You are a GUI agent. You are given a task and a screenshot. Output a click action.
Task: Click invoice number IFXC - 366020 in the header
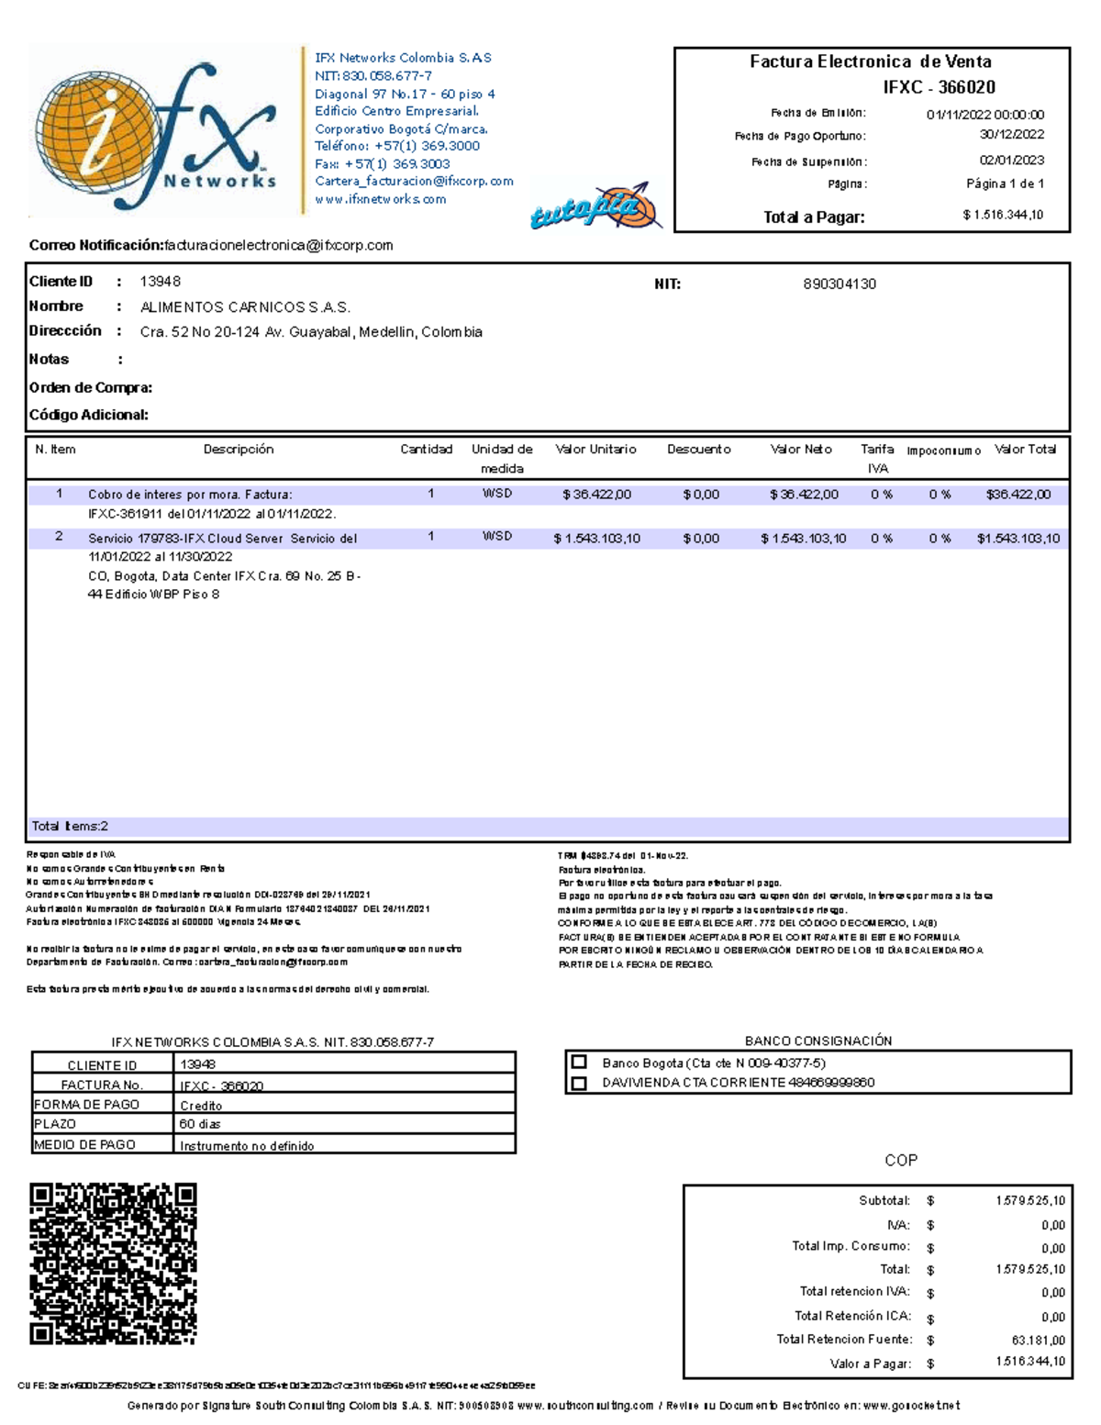[x=939, y=87]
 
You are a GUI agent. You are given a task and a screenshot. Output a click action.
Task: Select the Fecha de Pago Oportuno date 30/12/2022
[x=1011, y=135]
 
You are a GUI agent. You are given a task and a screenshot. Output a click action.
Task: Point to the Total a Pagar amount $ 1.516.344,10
[x=1003, y=215]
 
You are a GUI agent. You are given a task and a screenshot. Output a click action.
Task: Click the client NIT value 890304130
[x=839, y=284]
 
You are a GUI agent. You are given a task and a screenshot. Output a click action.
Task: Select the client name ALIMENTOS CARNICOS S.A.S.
[x=245, y=307]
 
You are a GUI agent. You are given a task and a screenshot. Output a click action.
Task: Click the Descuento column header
[x=698, y=450]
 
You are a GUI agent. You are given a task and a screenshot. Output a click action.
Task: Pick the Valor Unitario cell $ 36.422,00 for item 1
[x=596, y=495]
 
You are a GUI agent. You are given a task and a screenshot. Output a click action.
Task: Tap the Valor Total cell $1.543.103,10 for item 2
[x=1018, y=539]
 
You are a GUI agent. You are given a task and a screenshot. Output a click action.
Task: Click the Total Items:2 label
[x=70, y=827]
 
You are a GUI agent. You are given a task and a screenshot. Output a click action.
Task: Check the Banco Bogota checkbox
[x=579, y=1062]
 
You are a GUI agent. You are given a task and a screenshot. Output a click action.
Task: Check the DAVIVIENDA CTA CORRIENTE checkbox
[x=579, y=1083]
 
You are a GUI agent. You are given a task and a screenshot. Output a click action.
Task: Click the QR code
[x=113, y=1264]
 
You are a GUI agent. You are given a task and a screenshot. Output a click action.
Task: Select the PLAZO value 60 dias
[x=200, y=1124]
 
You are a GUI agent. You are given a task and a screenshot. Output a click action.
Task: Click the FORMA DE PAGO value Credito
[x=201, y=1106]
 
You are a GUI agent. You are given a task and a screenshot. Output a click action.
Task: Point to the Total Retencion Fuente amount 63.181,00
[x=1038, y=1341]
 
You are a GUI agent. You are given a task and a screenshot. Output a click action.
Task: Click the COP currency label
[x=900, y=1161]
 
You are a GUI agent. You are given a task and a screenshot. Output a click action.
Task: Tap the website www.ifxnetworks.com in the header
[x=380, y=199]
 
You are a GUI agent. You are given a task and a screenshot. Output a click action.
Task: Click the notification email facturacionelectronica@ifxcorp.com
[x=278, y=246]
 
